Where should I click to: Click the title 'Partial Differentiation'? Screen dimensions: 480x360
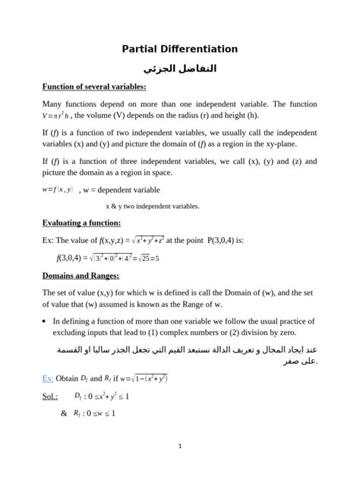click(x=180, y=49)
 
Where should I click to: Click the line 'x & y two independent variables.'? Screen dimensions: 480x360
click(x=153, y=205)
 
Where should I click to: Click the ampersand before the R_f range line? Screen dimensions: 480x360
click(x=63, y=413)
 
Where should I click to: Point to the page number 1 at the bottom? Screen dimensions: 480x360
click(x=180, y=447)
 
